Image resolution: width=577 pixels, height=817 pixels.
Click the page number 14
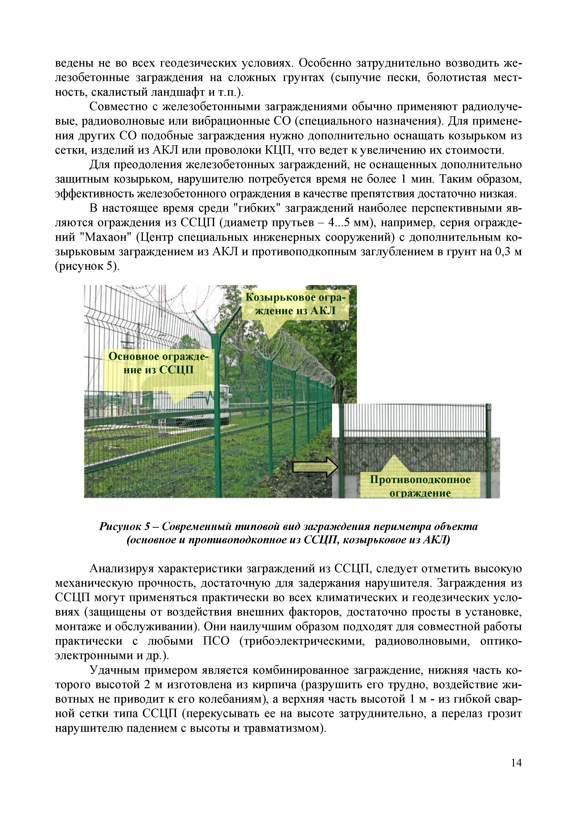click(516, 762)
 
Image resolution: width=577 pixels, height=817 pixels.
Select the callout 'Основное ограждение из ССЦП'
click(159, 363)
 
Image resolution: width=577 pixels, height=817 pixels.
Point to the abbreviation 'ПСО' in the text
click(216, 641)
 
